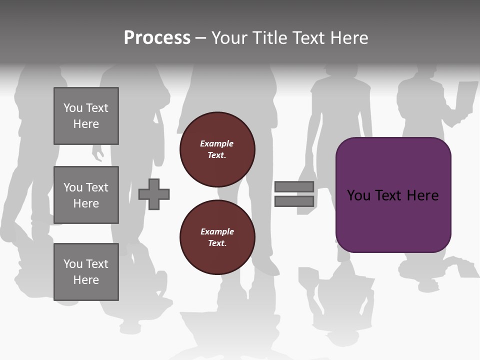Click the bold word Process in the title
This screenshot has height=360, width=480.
tap(157, 38)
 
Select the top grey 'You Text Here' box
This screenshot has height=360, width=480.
tap(86, 116)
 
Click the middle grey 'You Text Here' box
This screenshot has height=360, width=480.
tap(86, 195)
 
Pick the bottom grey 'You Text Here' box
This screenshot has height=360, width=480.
tap(86, 272)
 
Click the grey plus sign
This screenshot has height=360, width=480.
tap(154, 194)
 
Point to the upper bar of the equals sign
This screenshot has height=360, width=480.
tap(294, 186)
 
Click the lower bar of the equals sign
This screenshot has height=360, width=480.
tap(294, 201)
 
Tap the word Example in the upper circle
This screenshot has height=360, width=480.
tap(216, 143)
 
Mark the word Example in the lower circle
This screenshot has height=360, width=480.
tap(217, 231)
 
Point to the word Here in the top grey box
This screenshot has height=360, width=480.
tap(86, 124)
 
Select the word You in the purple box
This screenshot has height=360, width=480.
tap(359, 195)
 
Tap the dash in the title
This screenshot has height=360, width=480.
tap(200, 38)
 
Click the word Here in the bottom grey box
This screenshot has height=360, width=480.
tap(86, 280)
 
